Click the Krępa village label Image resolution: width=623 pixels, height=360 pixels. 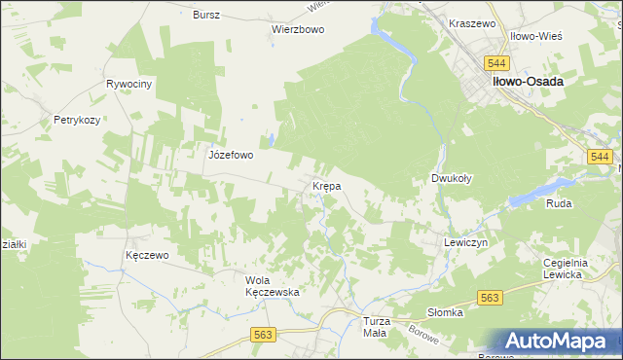(x=325, y=185)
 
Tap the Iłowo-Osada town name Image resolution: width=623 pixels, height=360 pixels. (x=528, y=82)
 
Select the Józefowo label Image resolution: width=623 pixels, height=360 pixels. (x=231, y=155)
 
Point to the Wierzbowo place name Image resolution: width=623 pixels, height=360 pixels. (x=297, y=29)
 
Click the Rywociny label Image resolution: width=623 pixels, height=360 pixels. (x=129, y=85)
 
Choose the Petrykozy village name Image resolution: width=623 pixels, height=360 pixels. (x=78, y=122)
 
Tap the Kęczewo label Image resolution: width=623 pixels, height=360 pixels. (x=148, y=255)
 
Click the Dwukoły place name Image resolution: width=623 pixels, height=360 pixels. (x=452, y=179)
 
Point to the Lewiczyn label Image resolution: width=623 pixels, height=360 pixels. (x=464, y=242)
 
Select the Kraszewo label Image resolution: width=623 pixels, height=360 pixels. (x=473, y=22)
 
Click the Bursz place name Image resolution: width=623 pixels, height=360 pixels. (x=206, y=16)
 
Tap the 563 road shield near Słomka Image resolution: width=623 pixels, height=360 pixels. (x=489, y=299)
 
